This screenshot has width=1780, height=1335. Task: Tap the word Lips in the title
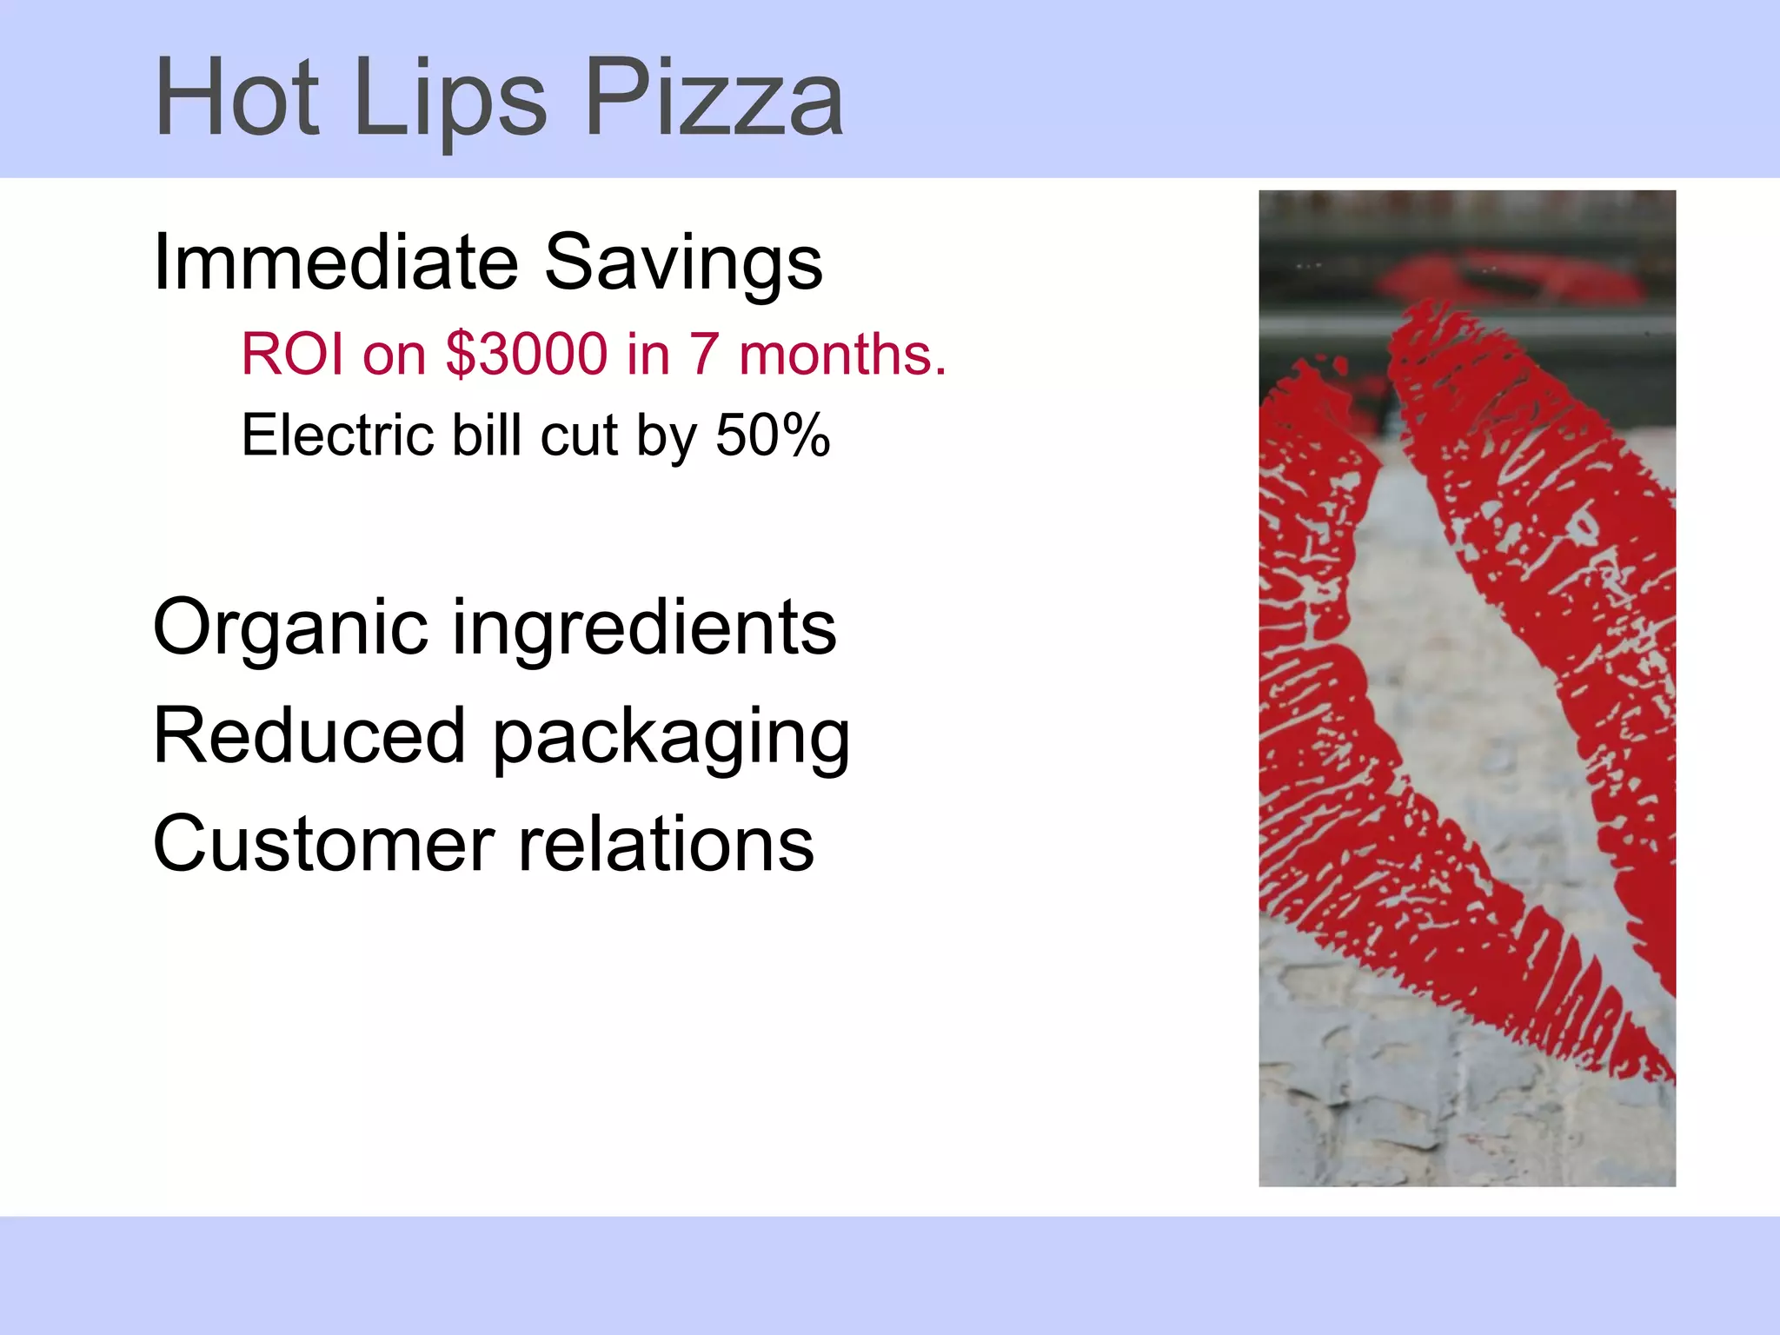pos(450,97)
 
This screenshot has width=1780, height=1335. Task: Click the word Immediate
pos(335,262)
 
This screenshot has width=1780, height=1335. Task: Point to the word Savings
pos(683,263)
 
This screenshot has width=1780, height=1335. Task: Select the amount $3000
pos(527,355)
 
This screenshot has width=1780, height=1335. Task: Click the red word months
pos(842,355)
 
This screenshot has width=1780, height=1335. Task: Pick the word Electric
pos(338,435)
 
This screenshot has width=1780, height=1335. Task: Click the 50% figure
pos(773,435)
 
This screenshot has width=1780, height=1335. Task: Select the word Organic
pos(290,628)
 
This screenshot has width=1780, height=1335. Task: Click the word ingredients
pos(644,627)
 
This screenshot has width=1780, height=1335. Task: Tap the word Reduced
pos(309,736)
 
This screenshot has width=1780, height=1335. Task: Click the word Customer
pos(323,844)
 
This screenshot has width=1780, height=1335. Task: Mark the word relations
pos(667,844)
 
